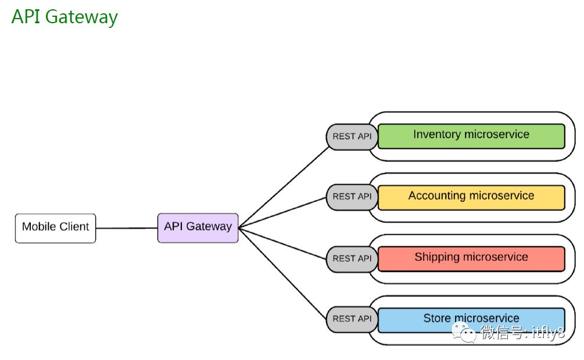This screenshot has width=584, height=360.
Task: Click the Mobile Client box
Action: pyautogui.click(x=55, y=228)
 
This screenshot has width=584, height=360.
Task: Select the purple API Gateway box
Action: pyautogui.click(x=198, y=228)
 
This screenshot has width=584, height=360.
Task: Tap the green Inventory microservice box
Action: pyautogui.click(x=471, y=136)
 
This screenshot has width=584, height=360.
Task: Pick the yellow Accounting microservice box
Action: pyautogui.click(x=471, y=197)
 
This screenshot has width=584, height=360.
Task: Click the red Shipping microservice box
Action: pyautogui.click(x=471, y=259)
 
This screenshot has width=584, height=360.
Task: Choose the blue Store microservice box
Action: pyautogui.click(x=471, y=320)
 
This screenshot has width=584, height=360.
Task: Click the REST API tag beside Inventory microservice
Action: pyautogui.click(x=352, y=137)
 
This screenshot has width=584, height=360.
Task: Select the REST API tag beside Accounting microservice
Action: pyautogui.click(x=352, y=197)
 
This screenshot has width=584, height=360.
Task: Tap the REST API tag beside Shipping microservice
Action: pyautogui.click(x=352, y=258)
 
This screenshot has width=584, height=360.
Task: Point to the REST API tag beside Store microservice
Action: pyautogui.click(x=352, y=319)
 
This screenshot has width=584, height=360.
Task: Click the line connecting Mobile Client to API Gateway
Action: pyautogui.click(x=127, y=228)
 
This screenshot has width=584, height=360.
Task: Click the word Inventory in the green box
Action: pyautogui.click(x=436, y=135)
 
